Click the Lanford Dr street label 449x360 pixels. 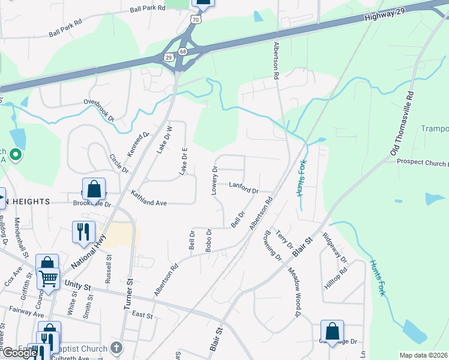[244, 188]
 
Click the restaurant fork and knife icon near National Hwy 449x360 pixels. [83, 231]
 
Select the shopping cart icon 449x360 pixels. [48, 277]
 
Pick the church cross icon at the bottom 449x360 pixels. [117, 348]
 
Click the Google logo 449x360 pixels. [19, 353]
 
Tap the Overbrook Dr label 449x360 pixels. [99, 110]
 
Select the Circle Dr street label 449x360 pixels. [119, 163]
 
